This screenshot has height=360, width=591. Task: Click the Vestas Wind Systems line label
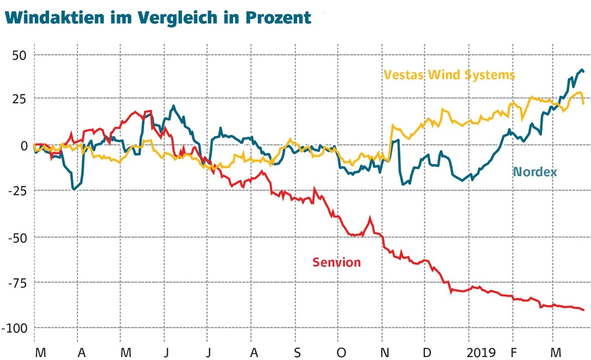click(x=449, y=75)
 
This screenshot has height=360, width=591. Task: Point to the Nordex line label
click(x=535, y=172)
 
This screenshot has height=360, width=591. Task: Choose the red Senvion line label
click(x=336, y=262)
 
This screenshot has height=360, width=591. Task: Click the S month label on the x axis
click(x=298, y=352)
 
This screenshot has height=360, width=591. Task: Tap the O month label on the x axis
click(x=341, y=352)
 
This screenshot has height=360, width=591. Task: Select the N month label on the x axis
click(x=384, y=352)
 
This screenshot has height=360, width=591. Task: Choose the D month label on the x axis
click(x=427, y=352)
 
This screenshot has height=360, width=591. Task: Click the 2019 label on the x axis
click(x=480, y=352)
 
